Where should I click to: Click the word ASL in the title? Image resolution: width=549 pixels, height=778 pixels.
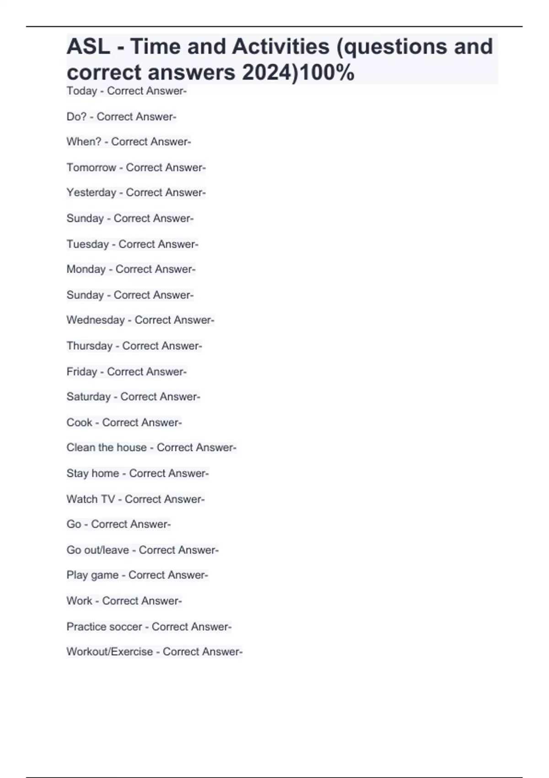[x=88, y=46]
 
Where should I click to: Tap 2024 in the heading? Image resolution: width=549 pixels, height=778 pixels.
[x=269, y=72]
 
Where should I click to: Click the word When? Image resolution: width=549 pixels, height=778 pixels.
[x=84, y=142]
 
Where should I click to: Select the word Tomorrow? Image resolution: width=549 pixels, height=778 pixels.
[x=91, y=167]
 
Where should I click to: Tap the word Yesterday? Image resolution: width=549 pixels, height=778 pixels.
[x=91, y=193]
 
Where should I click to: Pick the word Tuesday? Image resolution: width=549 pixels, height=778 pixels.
[x=87, y=244]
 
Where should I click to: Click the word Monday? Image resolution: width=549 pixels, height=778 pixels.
[x=86, y=269]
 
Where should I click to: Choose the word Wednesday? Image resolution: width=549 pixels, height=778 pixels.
[x=96, y=320]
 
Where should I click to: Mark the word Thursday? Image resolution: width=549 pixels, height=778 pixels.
[x=89, y=346]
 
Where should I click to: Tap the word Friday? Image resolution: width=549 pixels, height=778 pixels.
[x=81, y=372]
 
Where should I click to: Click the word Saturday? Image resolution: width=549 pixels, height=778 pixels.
[x=88, y=397]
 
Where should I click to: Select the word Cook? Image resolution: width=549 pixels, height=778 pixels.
[x=79, y=422]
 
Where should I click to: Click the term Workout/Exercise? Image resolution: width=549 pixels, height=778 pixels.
[x=109, y=652]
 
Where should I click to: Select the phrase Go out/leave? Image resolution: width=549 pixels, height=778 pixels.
[x=97, y=550]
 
